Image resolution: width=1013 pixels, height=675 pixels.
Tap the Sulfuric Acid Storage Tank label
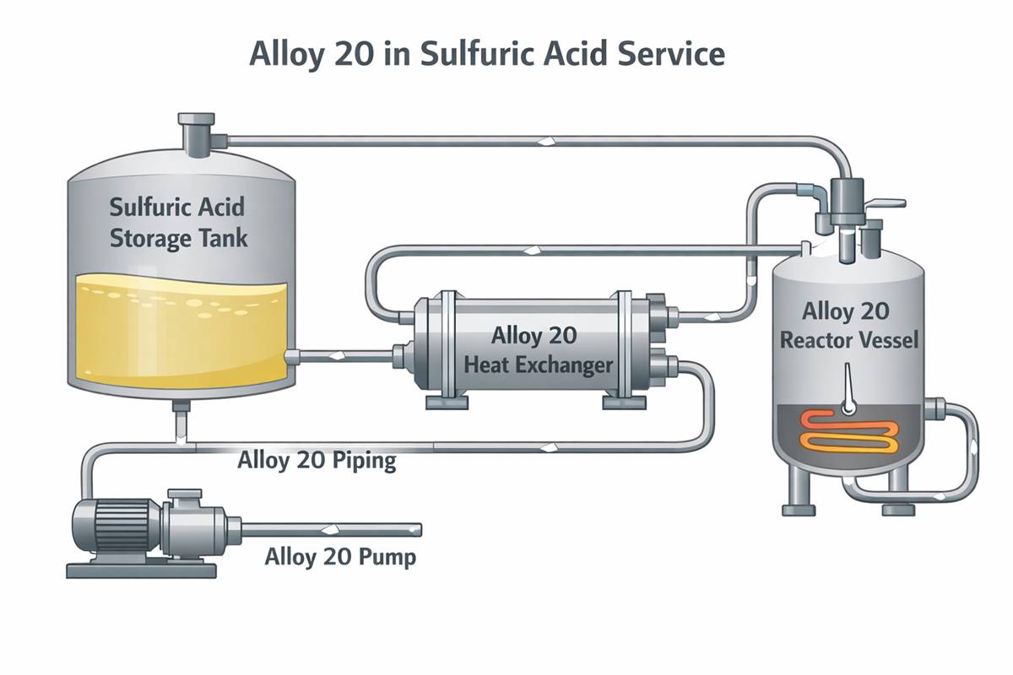point(179,222)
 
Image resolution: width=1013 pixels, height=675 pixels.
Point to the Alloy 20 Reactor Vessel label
point(845,326)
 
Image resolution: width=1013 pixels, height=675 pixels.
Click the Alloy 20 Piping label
point(317,462)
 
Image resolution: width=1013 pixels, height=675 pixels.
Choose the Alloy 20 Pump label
point(340,558)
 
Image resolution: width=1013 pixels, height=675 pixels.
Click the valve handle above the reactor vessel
point(886,203)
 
